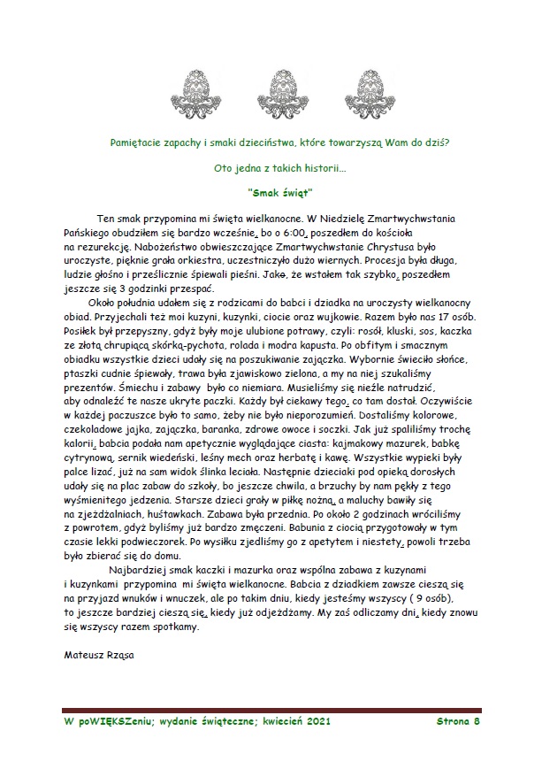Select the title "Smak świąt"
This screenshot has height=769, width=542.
coord(282,190)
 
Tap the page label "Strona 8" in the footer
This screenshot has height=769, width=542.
coord(457,721)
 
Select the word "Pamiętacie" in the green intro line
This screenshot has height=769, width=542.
coord(136,142)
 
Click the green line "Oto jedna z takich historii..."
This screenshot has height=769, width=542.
coord(280,166)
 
